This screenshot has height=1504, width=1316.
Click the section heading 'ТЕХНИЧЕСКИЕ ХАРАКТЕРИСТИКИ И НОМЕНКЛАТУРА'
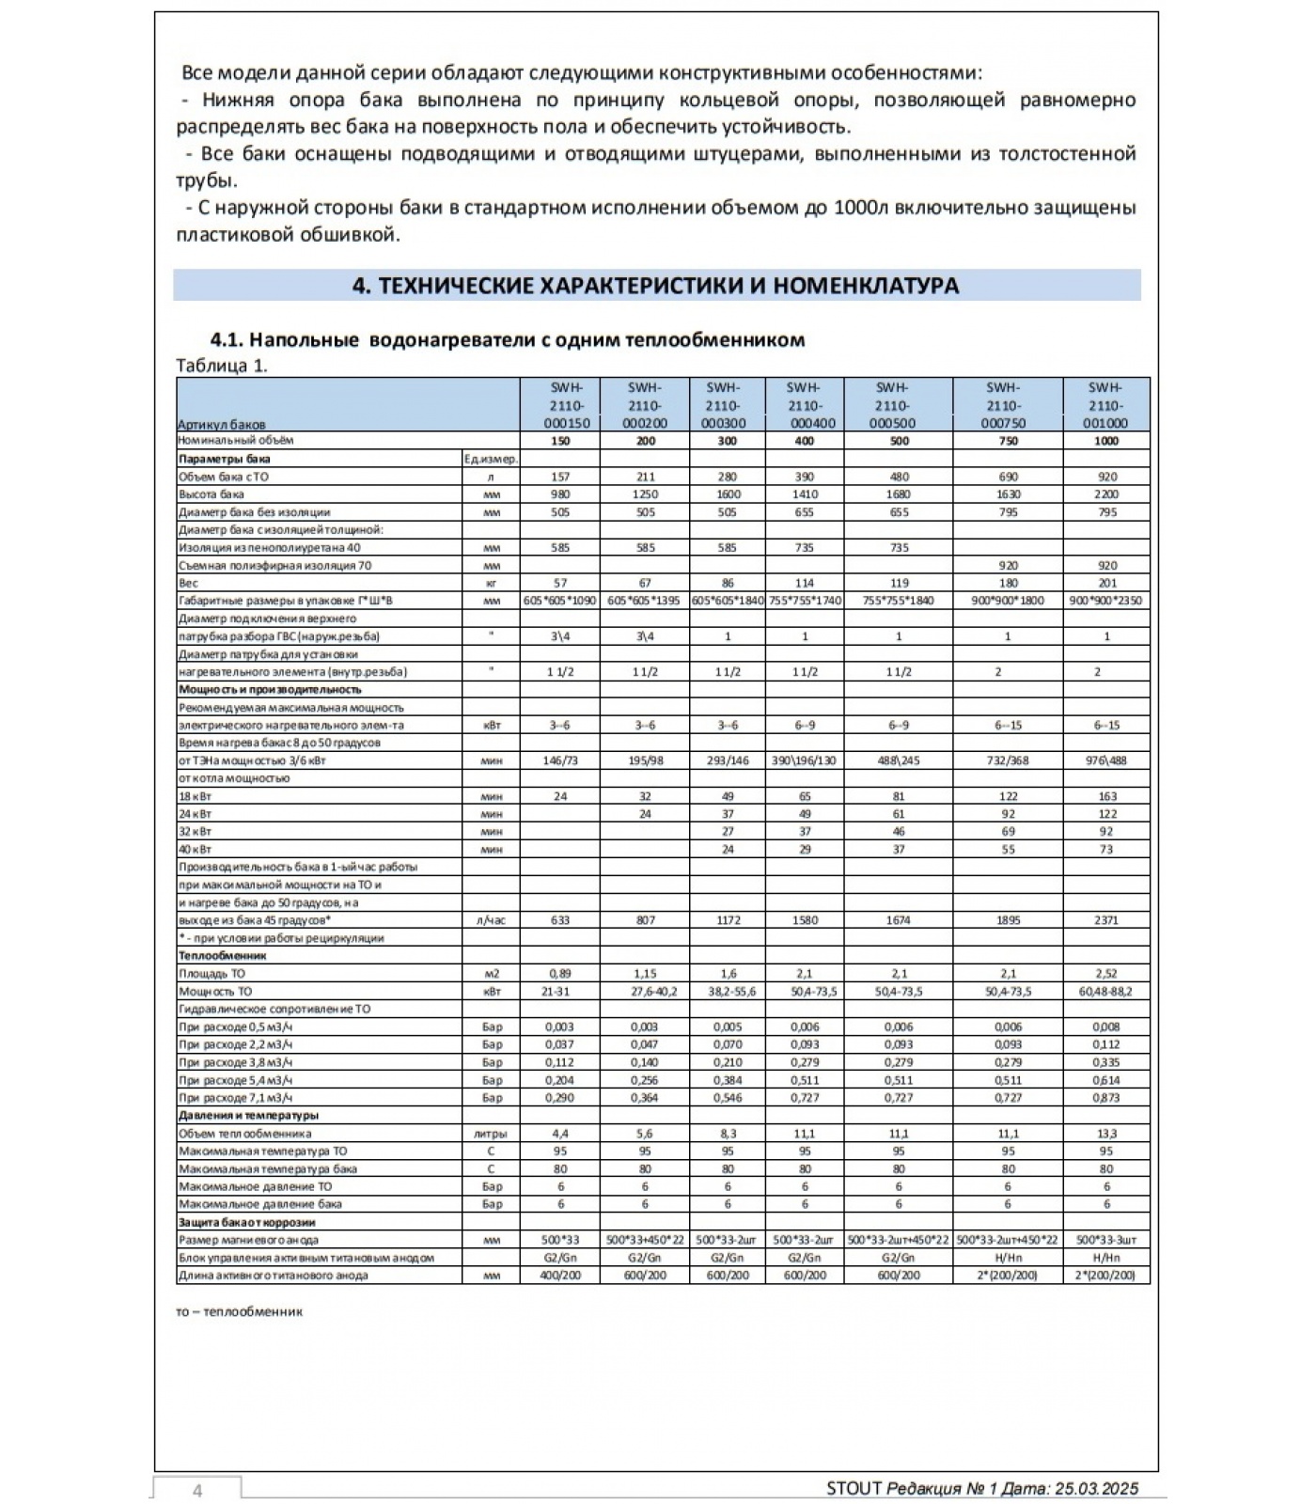tap(656, 286)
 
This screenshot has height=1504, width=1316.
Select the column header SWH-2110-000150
tap(559, 405)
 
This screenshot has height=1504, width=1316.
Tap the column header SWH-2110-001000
tap(1105, 405)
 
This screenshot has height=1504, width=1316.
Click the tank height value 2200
tap(1106, 494)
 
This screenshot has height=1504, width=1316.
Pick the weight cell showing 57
tap(560, 584)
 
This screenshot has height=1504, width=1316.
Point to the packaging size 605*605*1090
tap(560, 601)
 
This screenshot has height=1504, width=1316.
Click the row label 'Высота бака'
tap(211, 494)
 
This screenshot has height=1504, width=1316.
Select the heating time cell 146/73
tap(560, 760)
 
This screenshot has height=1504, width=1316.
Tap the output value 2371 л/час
tap(1106, 920)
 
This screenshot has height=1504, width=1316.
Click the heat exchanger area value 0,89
tap(560, 974)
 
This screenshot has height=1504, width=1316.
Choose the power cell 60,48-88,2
tap(1106, 992)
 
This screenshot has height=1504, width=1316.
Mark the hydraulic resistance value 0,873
tap(1106, 1098)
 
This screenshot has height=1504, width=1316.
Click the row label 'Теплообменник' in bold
tap(223, 956)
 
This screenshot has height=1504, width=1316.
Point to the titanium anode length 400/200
tap(560, 1276)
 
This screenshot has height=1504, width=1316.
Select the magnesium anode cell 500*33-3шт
tap(1106, 1240)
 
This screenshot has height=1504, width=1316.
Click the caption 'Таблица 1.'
tap(222, 366)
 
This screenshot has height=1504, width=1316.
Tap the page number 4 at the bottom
tap(197, 1490)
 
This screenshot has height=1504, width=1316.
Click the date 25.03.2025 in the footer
tap(1096, 1488)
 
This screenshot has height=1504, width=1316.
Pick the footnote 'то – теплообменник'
tap(239, 1311)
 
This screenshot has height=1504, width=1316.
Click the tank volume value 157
tap(560, 477)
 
